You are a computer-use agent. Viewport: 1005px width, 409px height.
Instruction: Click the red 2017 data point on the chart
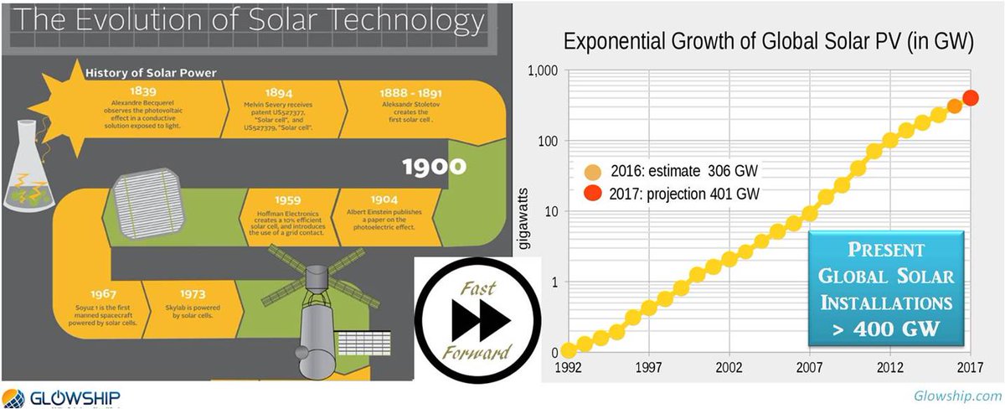point(971,98)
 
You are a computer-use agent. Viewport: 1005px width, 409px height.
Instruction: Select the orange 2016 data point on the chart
point(955,106)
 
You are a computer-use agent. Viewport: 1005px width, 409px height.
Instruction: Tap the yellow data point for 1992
point(569,350)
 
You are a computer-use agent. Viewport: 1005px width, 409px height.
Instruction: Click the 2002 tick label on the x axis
point(729,368)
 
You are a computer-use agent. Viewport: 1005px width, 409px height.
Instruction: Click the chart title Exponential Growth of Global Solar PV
point(767,43)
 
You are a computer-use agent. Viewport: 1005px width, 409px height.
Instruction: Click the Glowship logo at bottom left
point(63,397)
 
